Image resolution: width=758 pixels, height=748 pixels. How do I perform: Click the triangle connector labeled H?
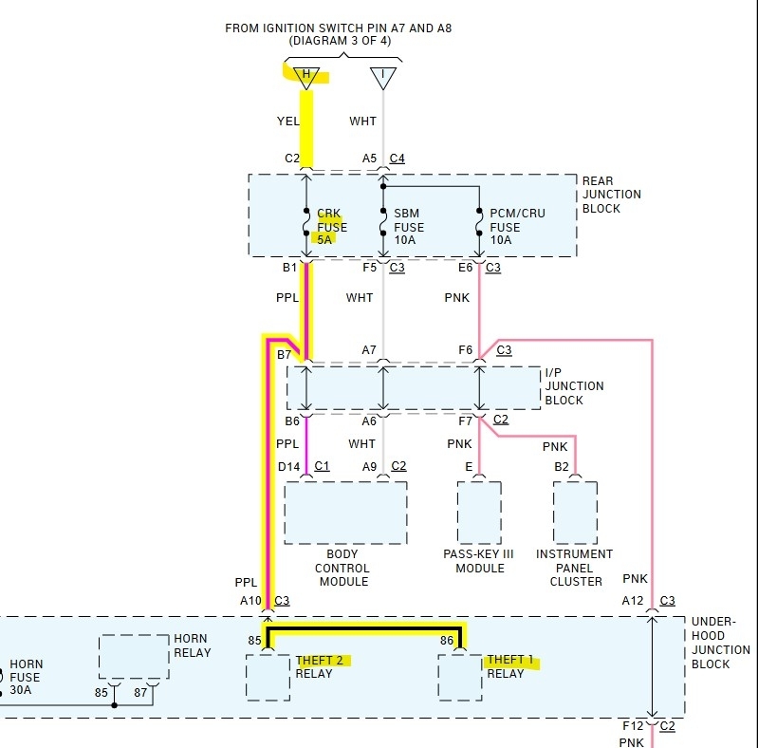point(305,77)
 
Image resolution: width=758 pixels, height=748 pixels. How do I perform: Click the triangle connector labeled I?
point(383,77)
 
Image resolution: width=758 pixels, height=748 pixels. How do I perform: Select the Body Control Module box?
point(345,513)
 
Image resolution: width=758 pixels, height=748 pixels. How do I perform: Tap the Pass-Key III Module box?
point(479,513)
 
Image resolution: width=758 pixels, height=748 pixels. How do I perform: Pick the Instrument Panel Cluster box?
point(576,513)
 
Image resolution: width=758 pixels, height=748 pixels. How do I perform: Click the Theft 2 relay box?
point(268,678)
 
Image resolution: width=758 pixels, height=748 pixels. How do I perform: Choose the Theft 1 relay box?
point(459,678)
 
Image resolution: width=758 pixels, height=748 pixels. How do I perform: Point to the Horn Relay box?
point(134,657)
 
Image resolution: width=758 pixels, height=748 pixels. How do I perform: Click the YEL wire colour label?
point(287,122)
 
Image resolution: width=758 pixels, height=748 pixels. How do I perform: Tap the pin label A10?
point(250,601)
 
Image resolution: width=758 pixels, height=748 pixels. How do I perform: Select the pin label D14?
point(289,466)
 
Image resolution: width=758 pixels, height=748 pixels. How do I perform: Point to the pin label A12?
point(633,601)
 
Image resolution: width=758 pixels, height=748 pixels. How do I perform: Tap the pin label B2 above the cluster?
point(562,466)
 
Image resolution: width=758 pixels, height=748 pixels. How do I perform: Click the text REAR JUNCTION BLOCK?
point(611,195)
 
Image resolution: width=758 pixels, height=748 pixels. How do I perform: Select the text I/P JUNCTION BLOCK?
point(574,386)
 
